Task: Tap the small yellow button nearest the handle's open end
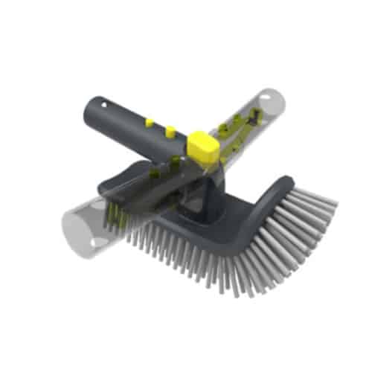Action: [x=149, y=121]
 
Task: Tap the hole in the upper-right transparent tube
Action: [x=260, y=112]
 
